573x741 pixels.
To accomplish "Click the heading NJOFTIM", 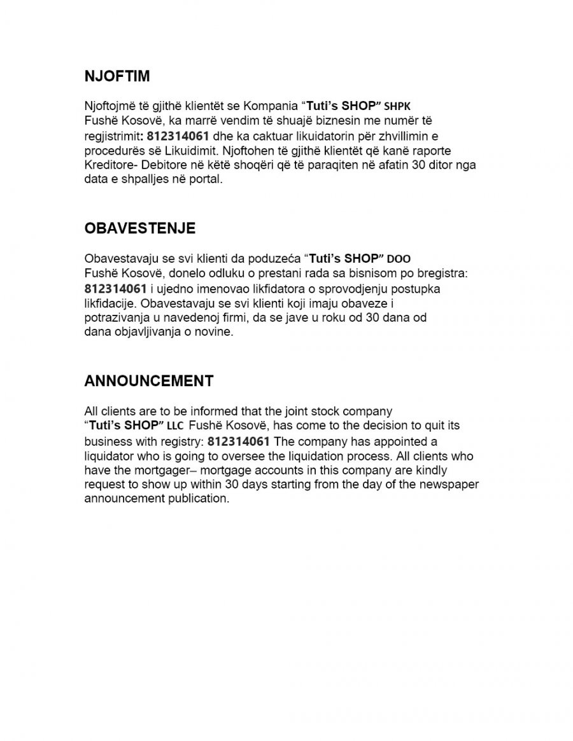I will pos(117,76).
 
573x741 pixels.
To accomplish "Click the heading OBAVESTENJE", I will pos(140,228).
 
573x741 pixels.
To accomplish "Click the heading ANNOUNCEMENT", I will pos(149,381).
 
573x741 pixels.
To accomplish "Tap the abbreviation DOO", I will pos(399,260).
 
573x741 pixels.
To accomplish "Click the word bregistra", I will pos(440,274).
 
